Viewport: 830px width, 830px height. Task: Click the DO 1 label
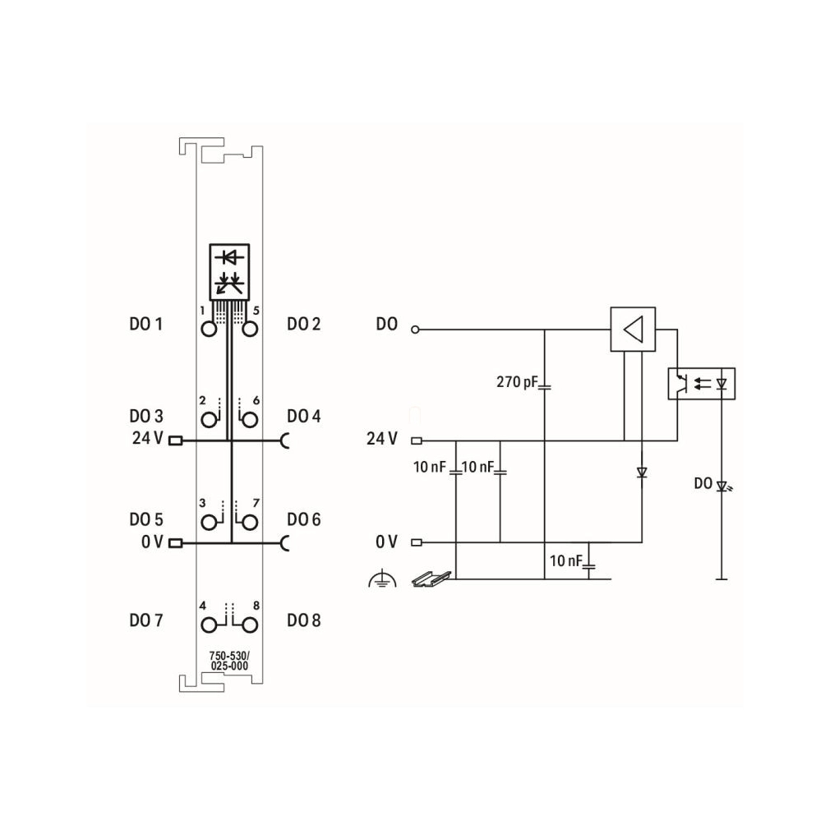click(146, 324)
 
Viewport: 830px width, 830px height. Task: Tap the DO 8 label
click(304, 620)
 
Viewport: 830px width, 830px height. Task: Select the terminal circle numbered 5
click(250, 330)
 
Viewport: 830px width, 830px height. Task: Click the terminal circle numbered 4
click(209, 625)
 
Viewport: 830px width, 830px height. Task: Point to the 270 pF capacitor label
click(517, 381)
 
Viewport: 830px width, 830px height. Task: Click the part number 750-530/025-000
click(229, 662)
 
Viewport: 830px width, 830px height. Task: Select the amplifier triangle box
click(633, 330)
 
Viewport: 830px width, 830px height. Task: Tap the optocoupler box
click(701, 384)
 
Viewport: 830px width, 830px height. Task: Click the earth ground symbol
click(382, 579)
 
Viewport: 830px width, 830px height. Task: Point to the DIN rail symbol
click(431, 579)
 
